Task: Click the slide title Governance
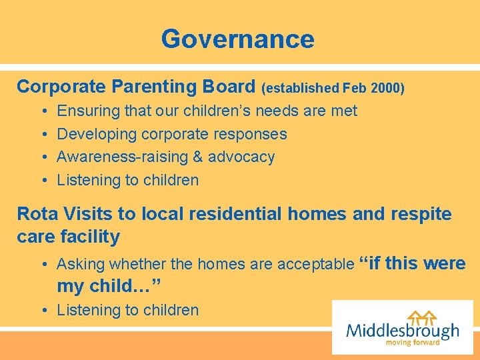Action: point(237,39)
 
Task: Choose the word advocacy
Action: point(241,157)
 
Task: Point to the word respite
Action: point(422,214)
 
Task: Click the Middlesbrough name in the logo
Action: point(403,330)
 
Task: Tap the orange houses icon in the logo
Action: point(423,317)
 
